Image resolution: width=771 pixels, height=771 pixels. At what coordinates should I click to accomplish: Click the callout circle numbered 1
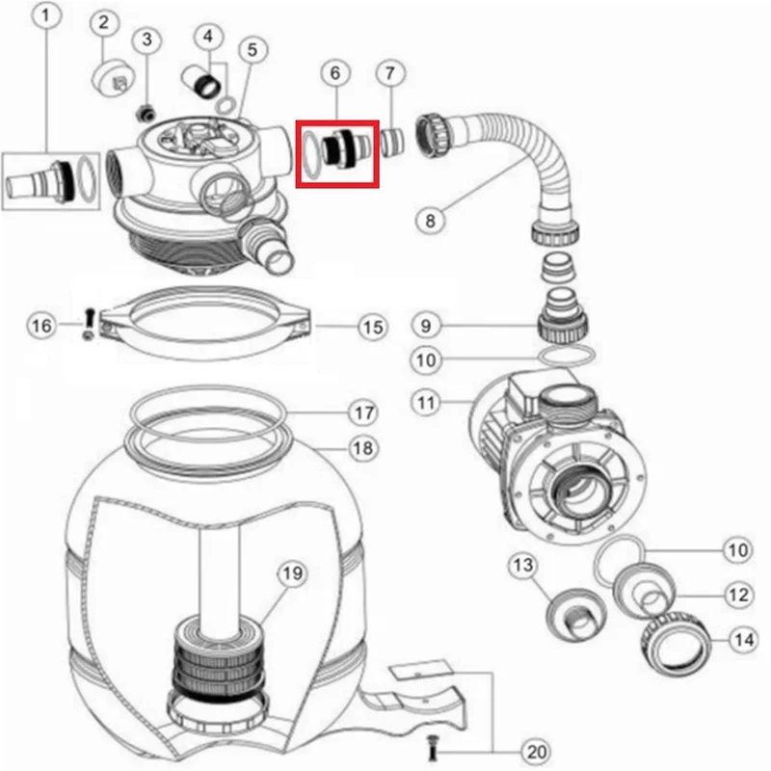(x=45, y=15)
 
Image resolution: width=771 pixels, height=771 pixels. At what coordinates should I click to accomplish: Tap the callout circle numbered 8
(x=430, y=220)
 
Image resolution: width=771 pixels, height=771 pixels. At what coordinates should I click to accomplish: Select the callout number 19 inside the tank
(x=292, y=573)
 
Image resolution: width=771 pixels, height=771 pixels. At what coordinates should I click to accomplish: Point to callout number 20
(x=537, y=752)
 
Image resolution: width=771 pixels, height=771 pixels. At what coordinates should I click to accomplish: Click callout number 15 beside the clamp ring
(x=373, y=327)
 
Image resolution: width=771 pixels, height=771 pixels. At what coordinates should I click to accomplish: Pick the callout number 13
(x=522, y=566)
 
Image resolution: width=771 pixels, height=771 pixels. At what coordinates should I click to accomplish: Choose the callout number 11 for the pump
(x=426, y=403)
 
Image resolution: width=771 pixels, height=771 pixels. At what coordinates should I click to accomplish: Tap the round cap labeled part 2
(x=114, y=78)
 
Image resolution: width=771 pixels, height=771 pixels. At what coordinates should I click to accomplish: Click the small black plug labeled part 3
(x=146, y=114)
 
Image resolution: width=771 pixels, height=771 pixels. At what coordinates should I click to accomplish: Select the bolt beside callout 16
(x=90, y=325)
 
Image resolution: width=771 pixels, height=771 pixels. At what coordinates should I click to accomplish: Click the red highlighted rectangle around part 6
(x=337, y=154)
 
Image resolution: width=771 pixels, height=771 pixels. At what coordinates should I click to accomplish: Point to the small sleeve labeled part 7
(x=392, y=142)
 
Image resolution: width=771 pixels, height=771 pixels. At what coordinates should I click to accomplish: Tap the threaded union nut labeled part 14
(x=677, y=644)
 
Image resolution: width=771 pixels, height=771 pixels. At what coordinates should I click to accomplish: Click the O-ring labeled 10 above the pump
(x=567, y=356)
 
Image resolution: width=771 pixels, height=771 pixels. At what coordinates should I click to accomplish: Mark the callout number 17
(x=363, y=412)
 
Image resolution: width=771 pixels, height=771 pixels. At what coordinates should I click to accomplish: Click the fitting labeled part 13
(x=576, y=615)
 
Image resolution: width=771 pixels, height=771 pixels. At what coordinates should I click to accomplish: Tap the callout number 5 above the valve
(x=252, y=50)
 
